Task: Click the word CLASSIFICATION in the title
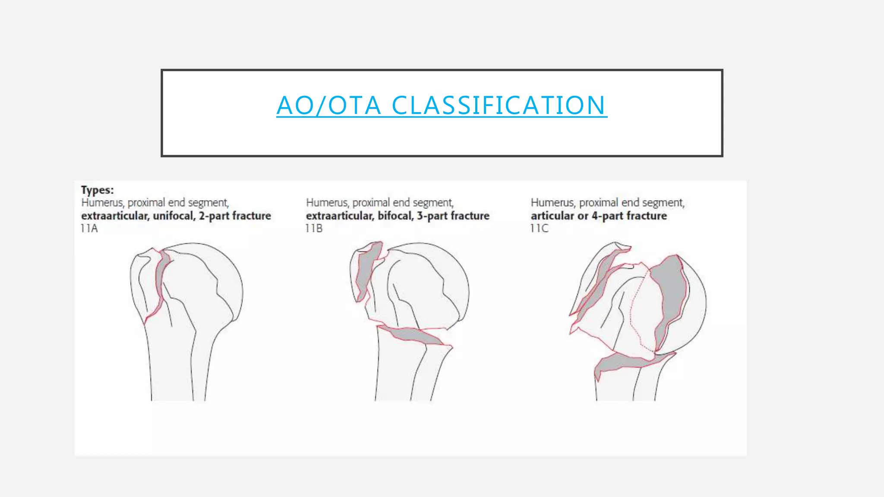point(499,105)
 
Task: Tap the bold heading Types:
point(98,190)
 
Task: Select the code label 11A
point(89,229)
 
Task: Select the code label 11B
point(314,229)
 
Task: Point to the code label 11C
point(540,229)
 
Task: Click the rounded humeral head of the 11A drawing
point(212,272)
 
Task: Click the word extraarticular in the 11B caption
point(339,216)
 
